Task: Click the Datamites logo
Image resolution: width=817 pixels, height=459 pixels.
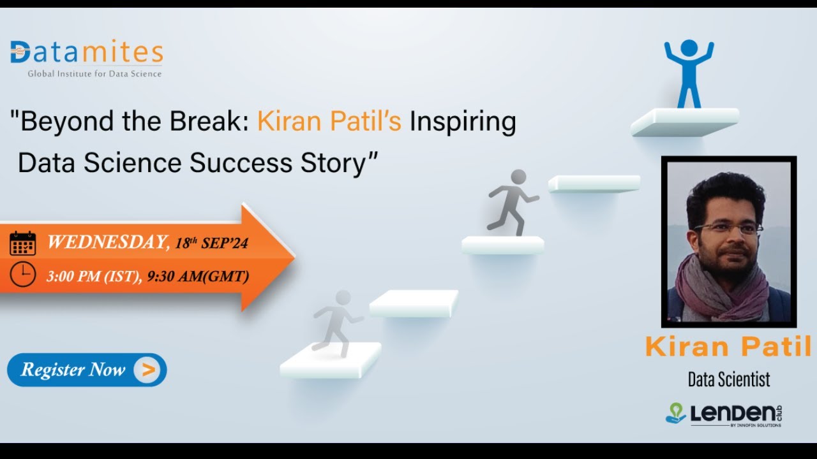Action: (x=86, y=53)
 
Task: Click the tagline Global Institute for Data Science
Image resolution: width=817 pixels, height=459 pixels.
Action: (x=94, y=74)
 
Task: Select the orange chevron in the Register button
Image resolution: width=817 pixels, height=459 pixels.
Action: (x=147, y=370)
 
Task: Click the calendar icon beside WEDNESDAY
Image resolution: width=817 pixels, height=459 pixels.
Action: (x=22, y=244)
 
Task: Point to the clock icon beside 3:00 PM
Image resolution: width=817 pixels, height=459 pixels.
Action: (x=22, y=275)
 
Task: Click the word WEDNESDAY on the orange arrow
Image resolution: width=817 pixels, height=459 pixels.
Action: (x=107, y=242)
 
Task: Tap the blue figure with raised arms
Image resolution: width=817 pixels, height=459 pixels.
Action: (x=689, y=72)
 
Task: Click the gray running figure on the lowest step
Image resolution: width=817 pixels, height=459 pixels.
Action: (x=336, y=322)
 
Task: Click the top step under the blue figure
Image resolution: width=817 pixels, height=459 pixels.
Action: (x=684, y=121)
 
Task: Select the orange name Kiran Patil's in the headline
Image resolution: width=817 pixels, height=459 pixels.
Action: (x=329, y=121)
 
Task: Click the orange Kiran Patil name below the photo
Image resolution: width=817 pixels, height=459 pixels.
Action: (x=728, y=347)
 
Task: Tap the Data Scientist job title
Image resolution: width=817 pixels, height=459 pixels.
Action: (x=728, y=380)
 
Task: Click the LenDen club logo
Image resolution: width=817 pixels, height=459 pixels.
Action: (x=724, y=414)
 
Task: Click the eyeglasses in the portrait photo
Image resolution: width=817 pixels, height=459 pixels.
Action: (x=727, y=228)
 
